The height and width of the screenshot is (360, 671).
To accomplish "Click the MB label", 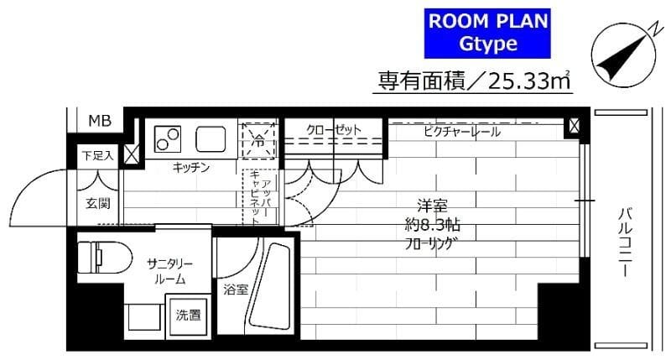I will click(100, 121).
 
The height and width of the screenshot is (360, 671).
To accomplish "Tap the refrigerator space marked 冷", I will click(258, 140).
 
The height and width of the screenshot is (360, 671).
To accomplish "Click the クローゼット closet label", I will click(333, 130).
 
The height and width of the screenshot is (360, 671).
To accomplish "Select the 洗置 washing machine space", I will click(188, 316).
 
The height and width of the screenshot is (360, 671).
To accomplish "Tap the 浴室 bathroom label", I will click(235, 290).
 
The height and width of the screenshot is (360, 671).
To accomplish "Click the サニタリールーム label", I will click(169, 270).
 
